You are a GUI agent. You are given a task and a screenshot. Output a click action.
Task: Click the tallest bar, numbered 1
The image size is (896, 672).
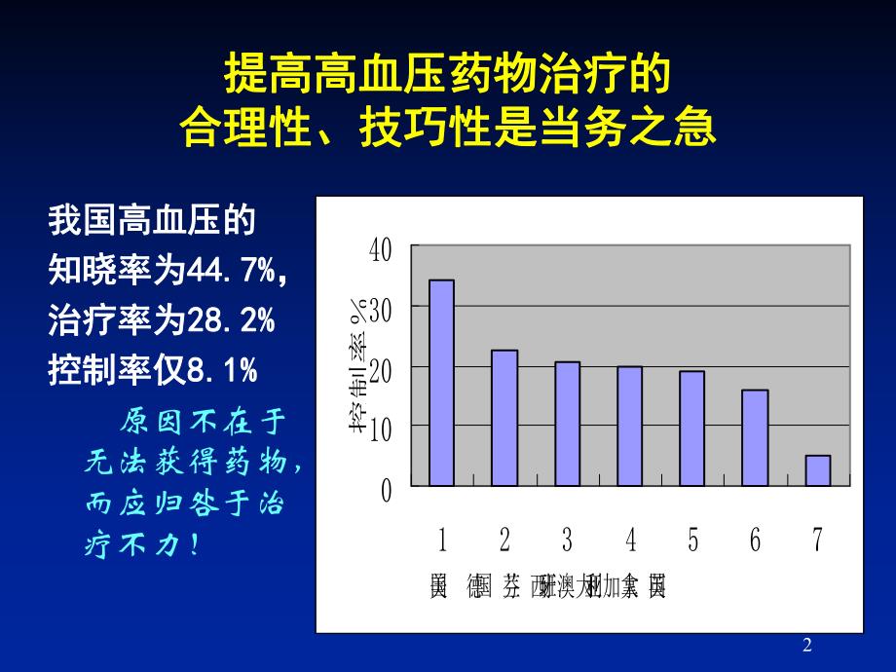441,383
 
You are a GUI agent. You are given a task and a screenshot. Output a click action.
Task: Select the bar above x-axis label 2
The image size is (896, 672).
504,418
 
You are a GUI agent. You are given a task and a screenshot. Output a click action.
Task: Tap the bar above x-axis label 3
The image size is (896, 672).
567,424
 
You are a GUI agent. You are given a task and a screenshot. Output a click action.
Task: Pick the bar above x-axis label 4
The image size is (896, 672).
629,426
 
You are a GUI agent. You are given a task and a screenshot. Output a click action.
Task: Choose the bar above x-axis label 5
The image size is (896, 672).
691,429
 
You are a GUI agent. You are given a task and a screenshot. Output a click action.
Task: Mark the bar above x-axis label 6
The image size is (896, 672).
755,437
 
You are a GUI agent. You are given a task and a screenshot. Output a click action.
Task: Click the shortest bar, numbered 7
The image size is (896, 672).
817,470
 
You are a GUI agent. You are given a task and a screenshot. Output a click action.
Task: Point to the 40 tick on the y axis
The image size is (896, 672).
380,249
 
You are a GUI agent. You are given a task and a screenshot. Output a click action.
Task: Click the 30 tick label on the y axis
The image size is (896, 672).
380,310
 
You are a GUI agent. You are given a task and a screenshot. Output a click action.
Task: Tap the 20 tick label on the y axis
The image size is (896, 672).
380,369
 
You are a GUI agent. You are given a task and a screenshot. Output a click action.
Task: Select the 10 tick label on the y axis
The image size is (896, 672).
380,429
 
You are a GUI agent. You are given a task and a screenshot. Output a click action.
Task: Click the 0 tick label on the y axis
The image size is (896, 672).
386,490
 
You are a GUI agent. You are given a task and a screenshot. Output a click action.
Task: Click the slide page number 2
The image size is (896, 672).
807,645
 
